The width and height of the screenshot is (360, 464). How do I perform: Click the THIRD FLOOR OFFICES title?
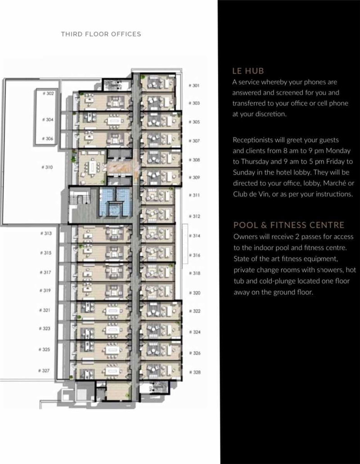click(101, 34)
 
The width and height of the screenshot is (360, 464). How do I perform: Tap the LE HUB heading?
click(247, 71)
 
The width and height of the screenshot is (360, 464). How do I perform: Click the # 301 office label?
click(193, 85)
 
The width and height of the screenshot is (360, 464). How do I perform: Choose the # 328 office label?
click(195, 372)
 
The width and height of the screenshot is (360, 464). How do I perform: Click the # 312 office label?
click(194, 216)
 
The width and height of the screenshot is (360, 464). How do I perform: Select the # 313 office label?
click(46, 233)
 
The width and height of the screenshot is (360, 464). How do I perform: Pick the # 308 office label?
click(194, 160)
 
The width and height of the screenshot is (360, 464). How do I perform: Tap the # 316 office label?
click(194, 255)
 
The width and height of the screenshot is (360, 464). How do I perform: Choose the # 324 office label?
click(194, 333)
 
